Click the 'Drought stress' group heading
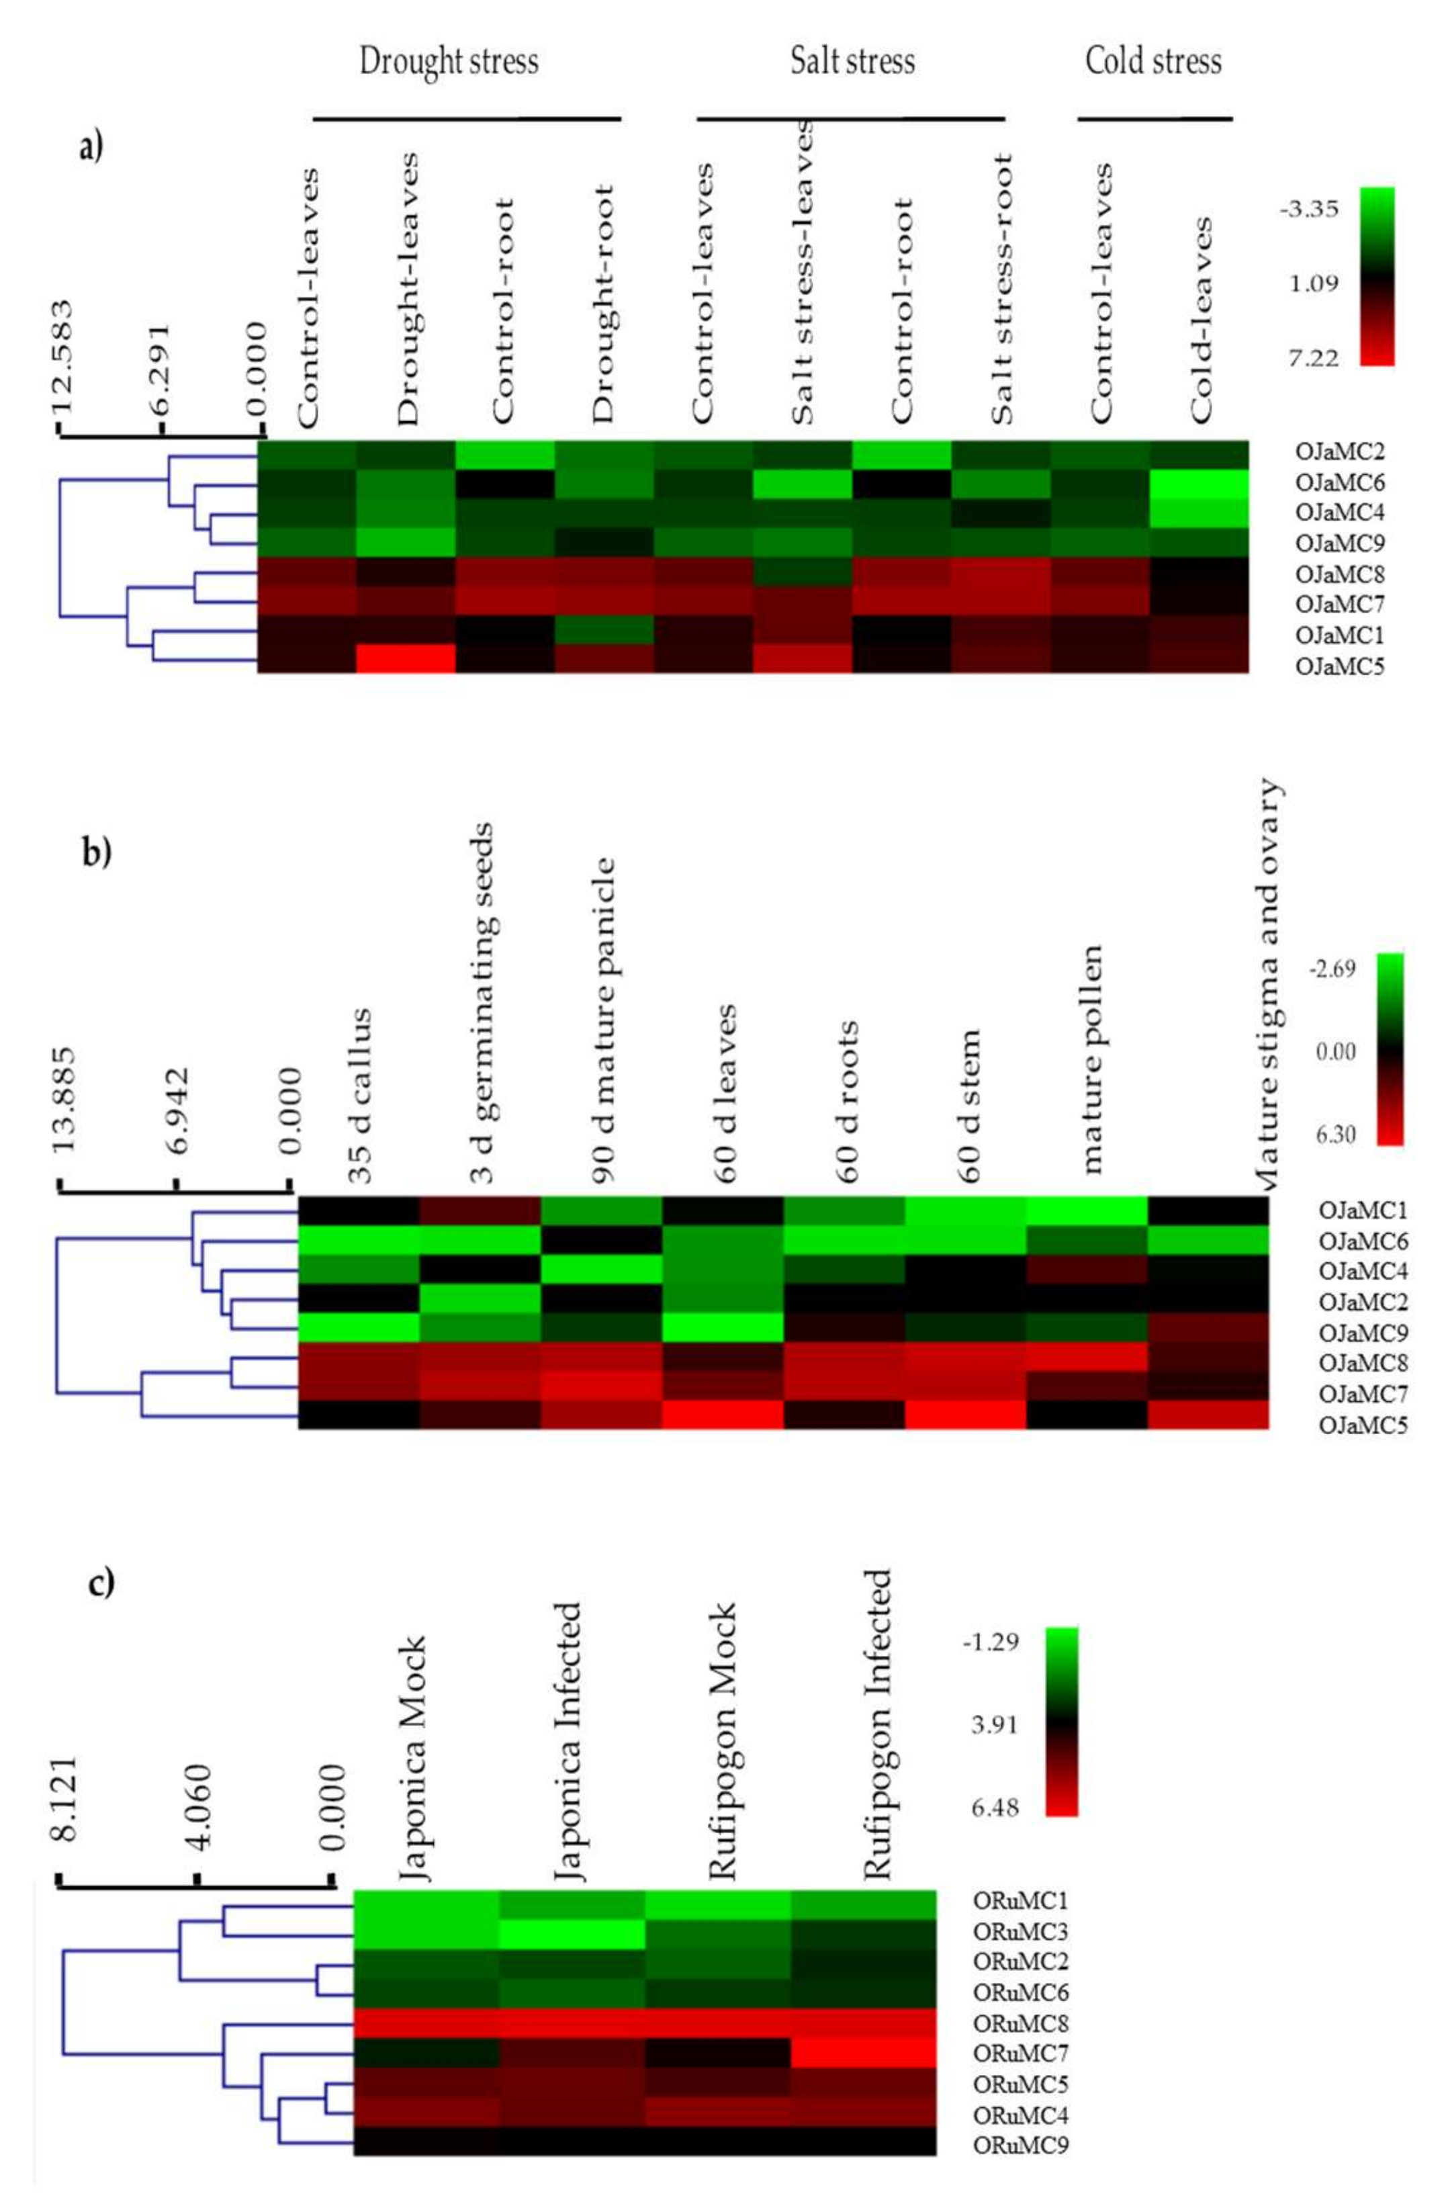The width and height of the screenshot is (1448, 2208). point(448,62)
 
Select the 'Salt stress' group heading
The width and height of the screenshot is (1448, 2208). point(852,62)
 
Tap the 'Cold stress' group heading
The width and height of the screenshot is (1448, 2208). point(1153,62)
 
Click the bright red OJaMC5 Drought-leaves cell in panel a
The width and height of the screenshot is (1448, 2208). point(406,658)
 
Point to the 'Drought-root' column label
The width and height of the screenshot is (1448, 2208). point(603,304)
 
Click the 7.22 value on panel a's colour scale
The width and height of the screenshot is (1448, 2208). point(1312,358)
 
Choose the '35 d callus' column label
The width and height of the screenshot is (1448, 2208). point(360,1096)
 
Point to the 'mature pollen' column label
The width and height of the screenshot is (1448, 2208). point(1091,1059)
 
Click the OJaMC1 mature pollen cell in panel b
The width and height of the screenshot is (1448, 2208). point(1087,1210)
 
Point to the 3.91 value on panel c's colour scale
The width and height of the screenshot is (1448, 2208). point(993,1724)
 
